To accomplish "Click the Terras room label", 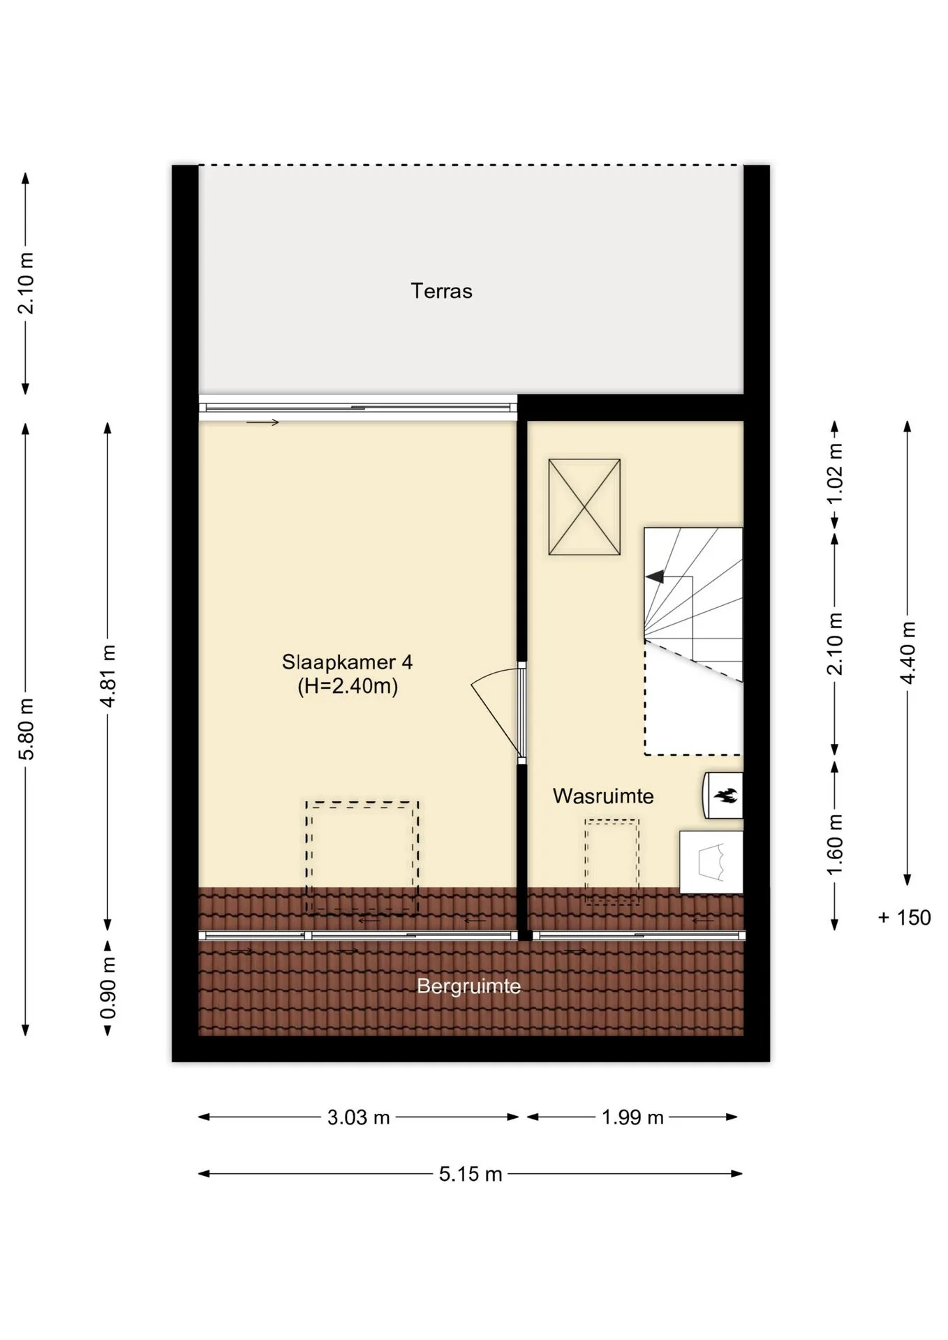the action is (441, 291).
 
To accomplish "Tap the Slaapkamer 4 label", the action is (348, 662).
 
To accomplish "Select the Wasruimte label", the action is (603, 796).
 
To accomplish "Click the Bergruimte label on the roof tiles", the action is (468, 986).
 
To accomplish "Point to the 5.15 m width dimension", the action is (471, 1174).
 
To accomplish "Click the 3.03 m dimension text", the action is (358, 1117).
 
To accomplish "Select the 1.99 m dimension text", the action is (632, 1117).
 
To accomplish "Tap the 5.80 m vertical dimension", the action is (26, 728).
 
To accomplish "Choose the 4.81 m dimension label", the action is (108, 676).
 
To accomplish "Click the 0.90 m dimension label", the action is (108, 987).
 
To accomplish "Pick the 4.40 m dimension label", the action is (908, 652).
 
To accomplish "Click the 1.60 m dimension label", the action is (835, 844).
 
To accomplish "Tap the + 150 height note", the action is (904, 917).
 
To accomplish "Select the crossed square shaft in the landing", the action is (584, 507).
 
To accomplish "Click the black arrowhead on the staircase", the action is (655, 577).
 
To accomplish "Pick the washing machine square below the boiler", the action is (711, 862).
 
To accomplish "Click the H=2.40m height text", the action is (348, 687).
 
